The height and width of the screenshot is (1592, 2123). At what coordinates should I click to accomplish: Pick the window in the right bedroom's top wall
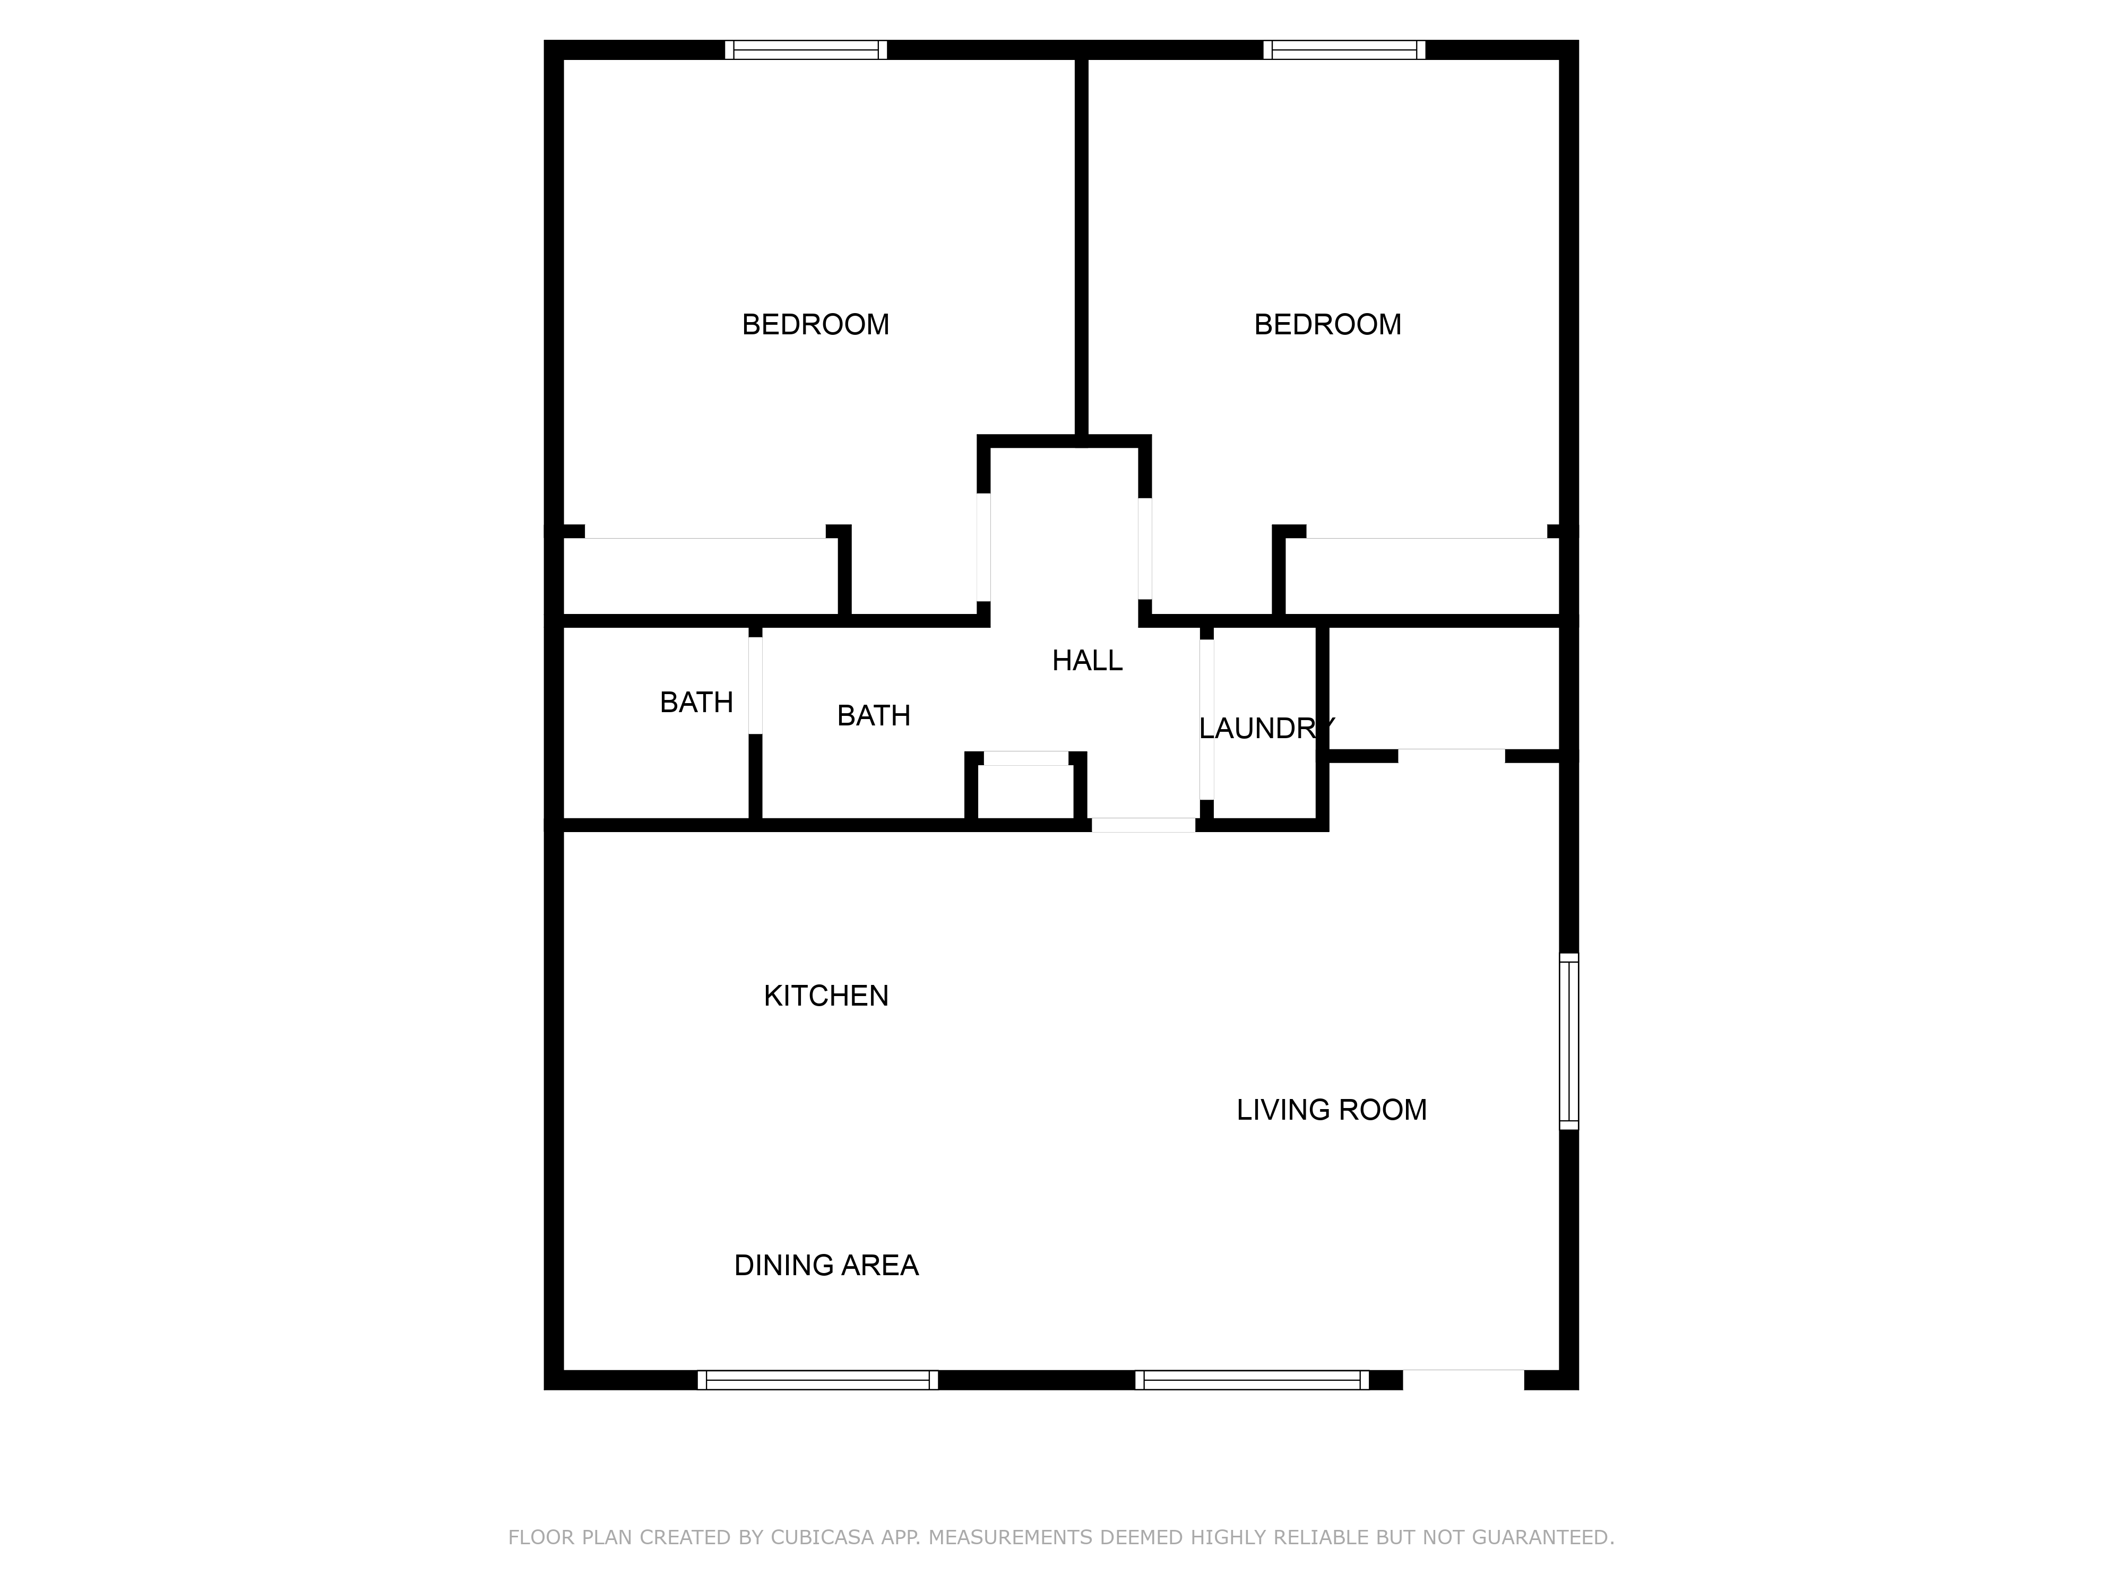(x=1344, y=50)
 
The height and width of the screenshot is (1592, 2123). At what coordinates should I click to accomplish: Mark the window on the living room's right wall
(x=1568, y=1041)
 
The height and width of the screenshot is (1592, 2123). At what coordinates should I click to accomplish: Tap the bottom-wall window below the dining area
(x=818, y=1380)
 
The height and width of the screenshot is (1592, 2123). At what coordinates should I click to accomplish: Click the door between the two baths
(x=755, y=685)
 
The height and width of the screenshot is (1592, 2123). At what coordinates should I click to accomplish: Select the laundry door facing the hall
(x=1206, y=719)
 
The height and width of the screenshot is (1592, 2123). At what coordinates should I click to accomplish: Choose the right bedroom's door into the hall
(x=1144, y=548)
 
